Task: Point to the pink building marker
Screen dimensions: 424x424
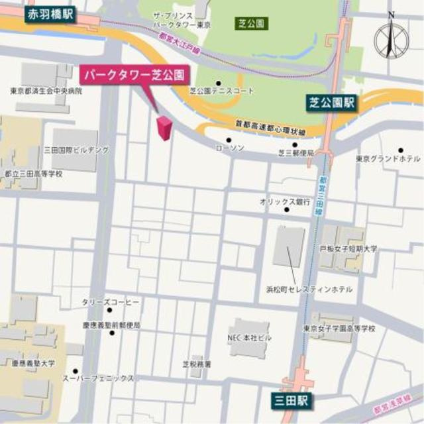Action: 163,127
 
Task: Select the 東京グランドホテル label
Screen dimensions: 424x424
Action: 388,159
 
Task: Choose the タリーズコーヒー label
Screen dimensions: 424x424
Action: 111,301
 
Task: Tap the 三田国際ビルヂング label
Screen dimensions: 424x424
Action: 76,150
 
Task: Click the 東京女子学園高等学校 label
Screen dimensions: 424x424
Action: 339,328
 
